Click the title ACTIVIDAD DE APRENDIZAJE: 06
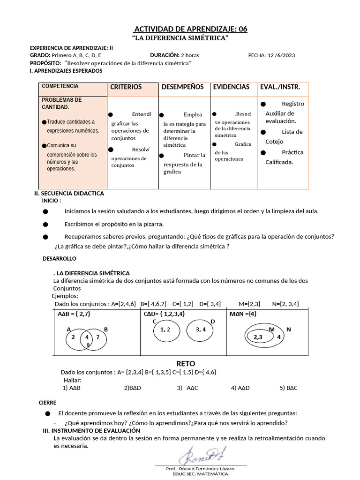pos(190,29)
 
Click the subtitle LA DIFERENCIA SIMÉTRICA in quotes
pos(180,37)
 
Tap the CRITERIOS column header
pos(126,87)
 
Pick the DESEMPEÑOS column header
pos(182,87)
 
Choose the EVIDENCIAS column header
pos(231,87)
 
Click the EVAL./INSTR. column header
pos(280,87)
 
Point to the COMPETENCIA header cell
pos(60,86)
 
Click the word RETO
pos(186,364)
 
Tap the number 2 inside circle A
pos(73,337)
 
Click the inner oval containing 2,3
pos(258,337)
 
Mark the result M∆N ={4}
pos(243,314)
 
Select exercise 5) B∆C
pos(288,388)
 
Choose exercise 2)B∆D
pos(133,388)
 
